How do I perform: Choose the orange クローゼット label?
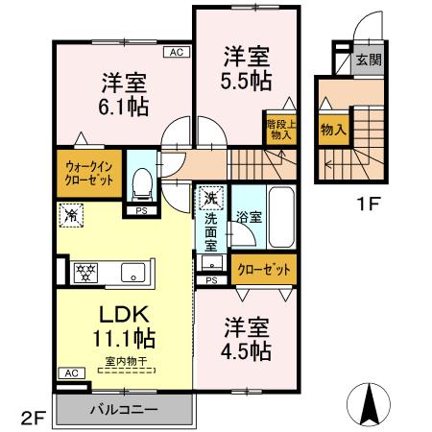click(264, 270)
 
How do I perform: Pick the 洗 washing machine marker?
click(210, 199)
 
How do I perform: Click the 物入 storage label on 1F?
click(333, 130)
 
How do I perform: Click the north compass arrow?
click(369, 403)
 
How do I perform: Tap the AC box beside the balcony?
click(70, 372)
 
